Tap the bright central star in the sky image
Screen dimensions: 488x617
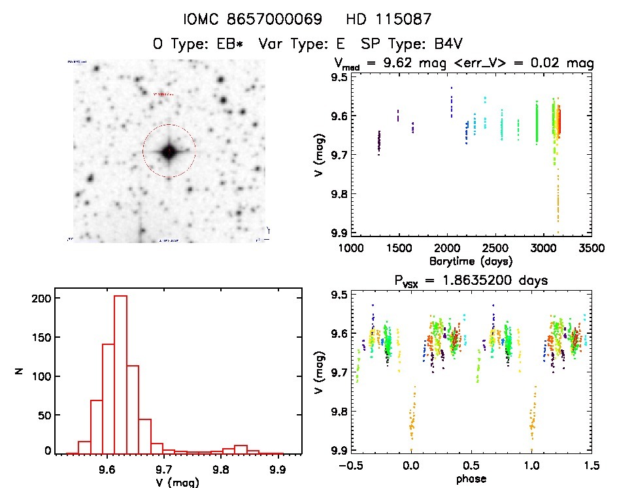[169, 152]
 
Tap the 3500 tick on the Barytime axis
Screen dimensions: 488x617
[591, 248]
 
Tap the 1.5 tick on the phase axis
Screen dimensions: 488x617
[591, 466]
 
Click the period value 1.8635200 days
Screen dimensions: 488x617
[496, 280]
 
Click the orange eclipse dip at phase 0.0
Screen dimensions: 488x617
[412, 418]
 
